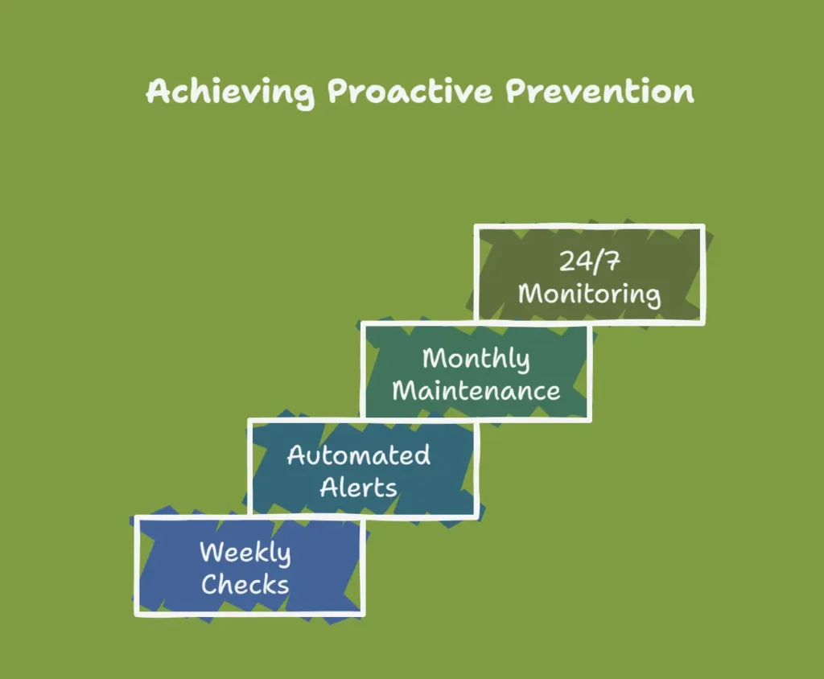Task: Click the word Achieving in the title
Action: (230, 93)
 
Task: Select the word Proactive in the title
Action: (410, 92)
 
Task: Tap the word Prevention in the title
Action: (599, 92)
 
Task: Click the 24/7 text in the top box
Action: (589, 261)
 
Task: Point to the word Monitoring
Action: (589, 294)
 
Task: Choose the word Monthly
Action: (476, 360)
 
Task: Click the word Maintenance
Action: (476, 390)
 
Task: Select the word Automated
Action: (359, 455)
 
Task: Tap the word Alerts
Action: (358, 488)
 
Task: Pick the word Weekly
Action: (245, 553)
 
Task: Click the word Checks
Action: (245, 584)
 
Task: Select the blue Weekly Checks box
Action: (249, 566)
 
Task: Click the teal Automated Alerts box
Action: (363, 469)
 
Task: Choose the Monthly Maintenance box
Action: (476, 372)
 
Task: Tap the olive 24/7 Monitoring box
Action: (590, 274)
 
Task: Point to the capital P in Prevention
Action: (517, 92)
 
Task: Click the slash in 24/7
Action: (595, 261)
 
